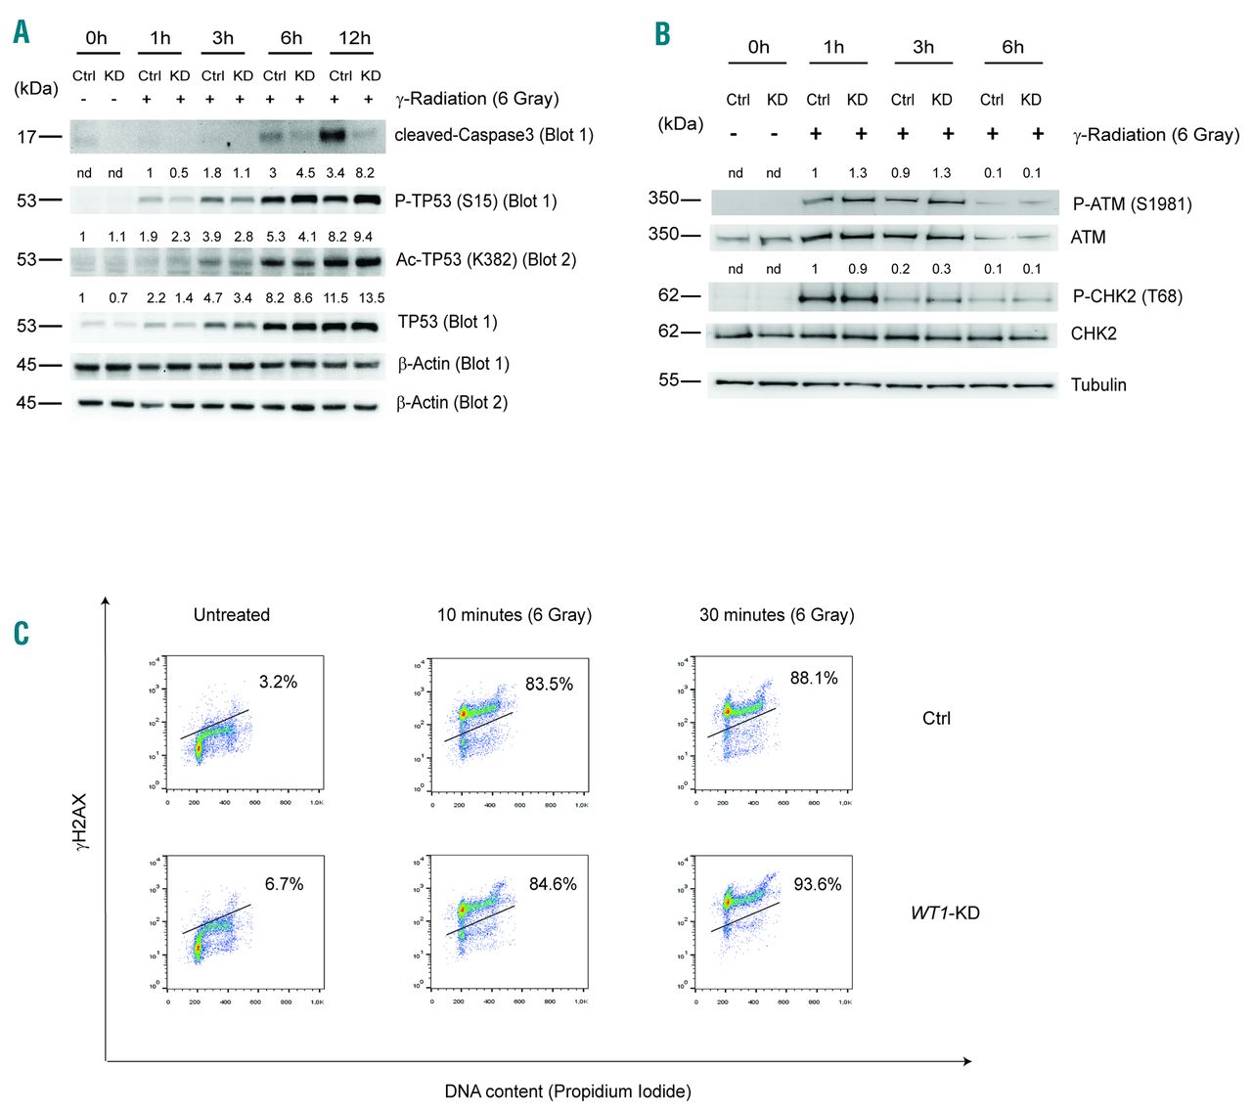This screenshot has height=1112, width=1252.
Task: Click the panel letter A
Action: [x=22, y=32]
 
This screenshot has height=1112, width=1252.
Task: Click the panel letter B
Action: [x=662, y=35]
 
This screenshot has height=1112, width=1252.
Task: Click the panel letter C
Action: [x=22, y=633]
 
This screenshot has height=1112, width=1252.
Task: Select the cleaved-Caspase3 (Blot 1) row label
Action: [x=494, y=135]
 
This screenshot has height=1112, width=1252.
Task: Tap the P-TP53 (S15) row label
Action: [x=475, y=200]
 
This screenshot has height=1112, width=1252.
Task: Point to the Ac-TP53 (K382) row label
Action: [x=485, y=259]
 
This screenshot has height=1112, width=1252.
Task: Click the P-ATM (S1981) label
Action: [x=1132, y=204]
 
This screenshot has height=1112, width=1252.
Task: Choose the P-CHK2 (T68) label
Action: [x=1127, y=296]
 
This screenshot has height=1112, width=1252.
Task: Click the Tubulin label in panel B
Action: [x=1098, y=384]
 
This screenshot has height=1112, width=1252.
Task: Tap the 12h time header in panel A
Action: [x=354, y=38]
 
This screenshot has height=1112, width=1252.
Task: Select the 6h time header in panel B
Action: [x=1012, y=47]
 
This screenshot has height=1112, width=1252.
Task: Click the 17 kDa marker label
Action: [x=26, y=137]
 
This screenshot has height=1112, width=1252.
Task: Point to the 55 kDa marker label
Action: [x=668, y=380]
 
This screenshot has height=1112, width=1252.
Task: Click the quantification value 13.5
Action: [x=372, y=298]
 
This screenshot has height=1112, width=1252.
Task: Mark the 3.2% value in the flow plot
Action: [x=278, y=682]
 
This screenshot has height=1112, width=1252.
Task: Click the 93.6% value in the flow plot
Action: [x=818, y=884]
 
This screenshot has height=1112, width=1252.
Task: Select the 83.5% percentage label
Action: [x=549, y=684]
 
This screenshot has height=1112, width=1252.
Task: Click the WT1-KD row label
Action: [x=945, y=913]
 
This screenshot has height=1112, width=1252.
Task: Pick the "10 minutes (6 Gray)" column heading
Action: [x=514, y=615]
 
